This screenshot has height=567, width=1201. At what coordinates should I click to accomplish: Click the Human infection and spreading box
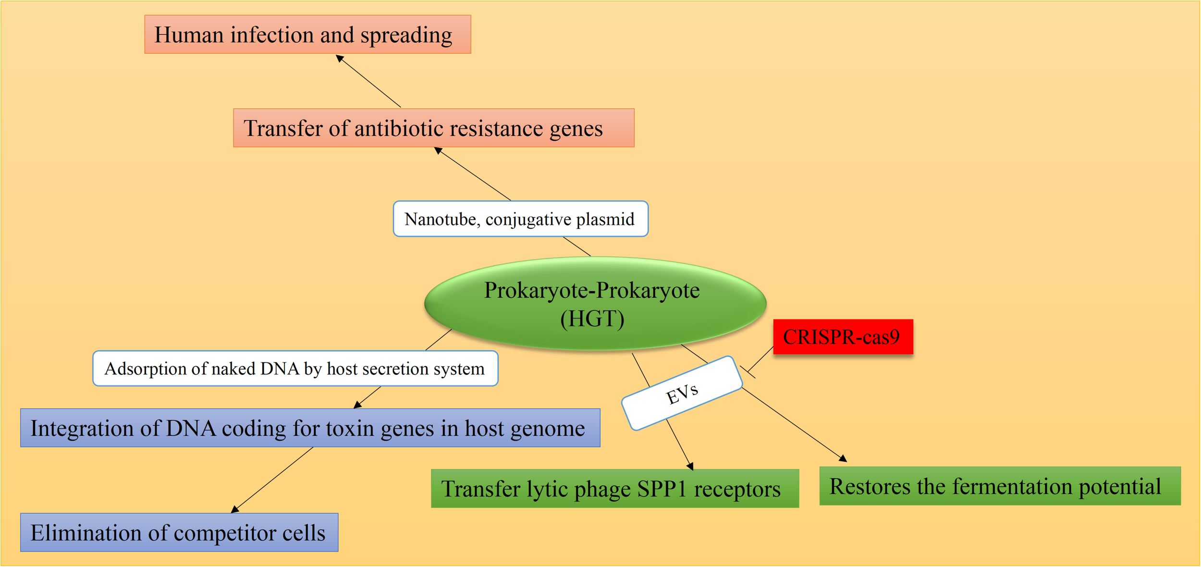click(x=307, y=34)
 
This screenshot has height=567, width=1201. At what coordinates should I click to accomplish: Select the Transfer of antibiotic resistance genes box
click(x=433, y=128)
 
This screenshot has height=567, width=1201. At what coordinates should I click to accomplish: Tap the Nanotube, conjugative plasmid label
click(x=520, y=219)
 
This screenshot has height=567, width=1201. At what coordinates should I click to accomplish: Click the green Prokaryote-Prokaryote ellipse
click(x=595, y=304)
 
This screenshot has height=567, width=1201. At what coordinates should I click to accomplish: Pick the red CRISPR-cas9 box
click(x=843, y=337)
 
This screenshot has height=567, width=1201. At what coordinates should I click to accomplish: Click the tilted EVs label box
click(x=682, y=394)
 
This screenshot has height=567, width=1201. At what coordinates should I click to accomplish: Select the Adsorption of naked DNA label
click(x=295, y=369)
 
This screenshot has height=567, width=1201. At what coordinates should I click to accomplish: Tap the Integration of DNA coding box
click(x=310, y=428)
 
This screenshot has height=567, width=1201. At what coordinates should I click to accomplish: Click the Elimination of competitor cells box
click(x=179, y=532)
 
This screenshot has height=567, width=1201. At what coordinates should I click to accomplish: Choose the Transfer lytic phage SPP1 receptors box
click(x=614, y=488)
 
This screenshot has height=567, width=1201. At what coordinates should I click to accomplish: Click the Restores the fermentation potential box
click(x=999, y=486)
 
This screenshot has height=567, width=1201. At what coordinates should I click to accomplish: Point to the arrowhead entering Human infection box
click(x=339, y=58)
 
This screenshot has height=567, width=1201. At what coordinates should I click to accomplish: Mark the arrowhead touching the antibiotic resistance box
click(x=438, y=150)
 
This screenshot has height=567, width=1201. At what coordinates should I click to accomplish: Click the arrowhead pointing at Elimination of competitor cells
click(x=234, y=510)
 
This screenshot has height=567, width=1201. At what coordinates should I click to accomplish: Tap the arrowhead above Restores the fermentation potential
click(x=843, y=458)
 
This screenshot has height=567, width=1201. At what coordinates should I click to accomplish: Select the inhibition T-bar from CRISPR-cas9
click(x=748, y=372)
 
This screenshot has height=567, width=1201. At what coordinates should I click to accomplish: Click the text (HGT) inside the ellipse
click(x=592, y=319)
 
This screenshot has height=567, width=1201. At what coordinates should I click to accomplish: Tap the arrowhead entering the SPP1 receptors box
click(x=690, y=466)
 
